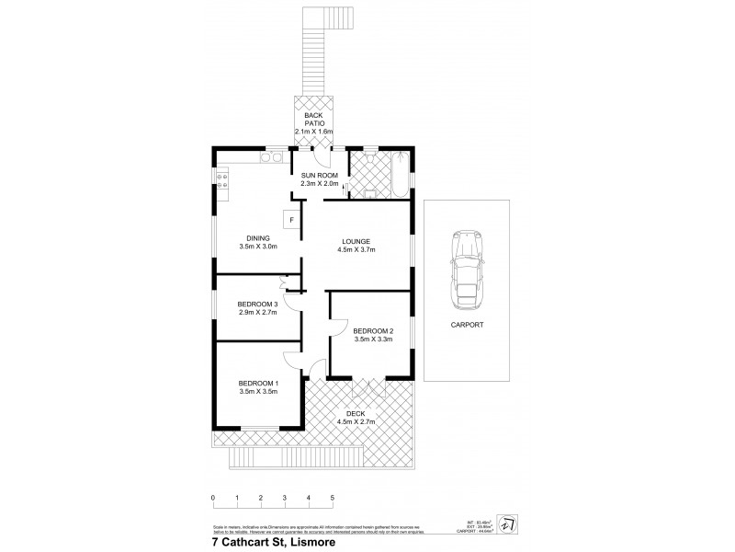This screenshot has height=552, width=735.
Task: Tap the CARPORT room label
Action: click(x=467, y=324)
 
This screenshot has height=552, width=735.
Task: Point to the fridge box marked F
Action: click(x=290, y=219)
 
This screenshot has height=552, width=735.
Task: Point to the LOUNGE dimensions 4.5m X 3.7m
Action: click(x=357, y=250)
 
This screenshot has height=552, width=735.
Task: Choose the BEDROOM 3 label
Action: click(x=257, y=305)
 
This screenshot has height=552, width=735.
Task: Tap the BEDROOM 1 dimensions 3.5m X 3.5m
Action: click(x=258, y=392)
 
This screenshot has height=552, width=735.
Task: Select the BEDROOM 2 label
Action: click(x=374, y=331)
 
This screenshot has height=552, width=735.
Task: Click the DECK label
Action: click(x=356, y=414)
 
